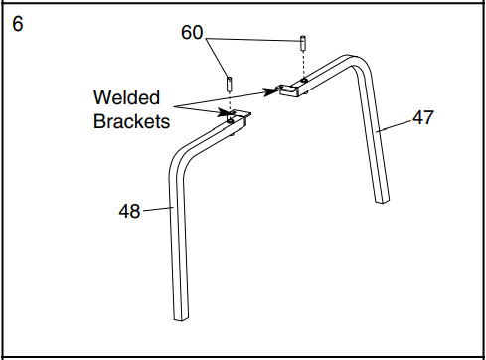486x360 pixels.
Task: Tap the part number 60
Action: coord(194,33)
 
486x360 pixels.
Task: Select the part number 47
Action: coord(423,117)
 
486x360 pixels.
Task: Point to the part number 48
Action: coord(129,210)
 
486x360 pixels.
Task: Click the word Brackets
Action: coord(131,122)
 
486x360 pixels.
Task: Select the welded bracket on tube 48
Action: coord(236,118)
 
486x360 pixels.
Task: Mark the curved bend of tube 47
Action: coord(356,64)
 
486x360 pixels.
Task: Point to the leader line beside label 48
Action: coord(156,210)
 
